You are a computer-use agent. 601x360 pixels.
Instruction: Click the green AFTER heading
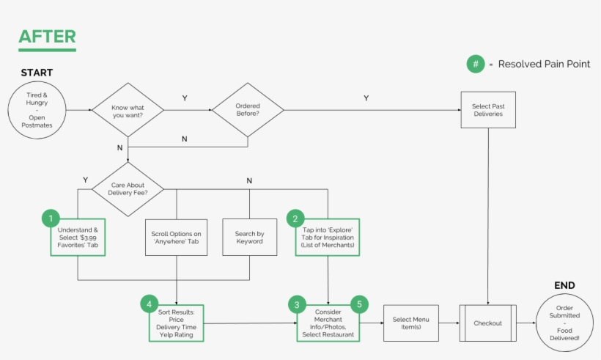pos(47,36)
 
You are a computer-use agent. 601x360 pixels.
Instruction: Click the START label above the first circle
pos(37,73)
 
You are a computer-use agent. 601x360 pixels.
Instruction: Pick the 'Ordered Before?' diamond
pos(248,110)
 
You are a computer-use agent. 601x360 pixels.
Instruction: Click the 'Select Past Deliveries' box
pos(487,110)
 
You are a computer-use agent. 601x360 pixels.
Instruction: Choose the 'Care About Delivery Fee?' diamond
pos(128,189)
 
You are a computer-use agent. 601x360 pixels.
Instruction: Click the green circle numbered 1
pos(51,218)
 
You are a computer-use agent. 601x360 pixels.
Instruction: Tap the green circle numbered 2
pos(295,218)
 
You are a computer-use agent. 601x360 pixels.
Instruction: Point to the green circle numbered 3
pos(297,304)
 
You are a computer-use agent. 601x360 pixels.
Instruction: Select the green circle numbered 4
pos(149,304)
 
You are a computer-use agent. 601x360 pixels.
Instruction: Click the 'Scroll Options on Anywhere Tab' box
pos(176,238)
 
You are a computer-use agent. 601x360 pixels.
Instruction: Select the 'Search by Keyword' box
pos(249,238)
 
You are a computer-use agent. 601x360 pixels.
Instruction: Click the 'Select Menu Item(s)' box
pos(411,323)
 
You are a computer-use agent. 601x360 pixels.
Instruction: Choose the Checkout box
pos(487,323)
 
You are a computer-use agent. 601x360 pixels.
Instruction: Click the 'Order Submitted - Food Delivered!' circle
pos(564,323)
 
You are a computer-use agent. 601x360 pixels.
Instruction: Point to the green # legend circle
pos(476,64)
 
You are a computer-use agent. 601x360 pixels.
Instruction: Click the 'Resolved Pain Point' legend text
pos(544,65)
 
